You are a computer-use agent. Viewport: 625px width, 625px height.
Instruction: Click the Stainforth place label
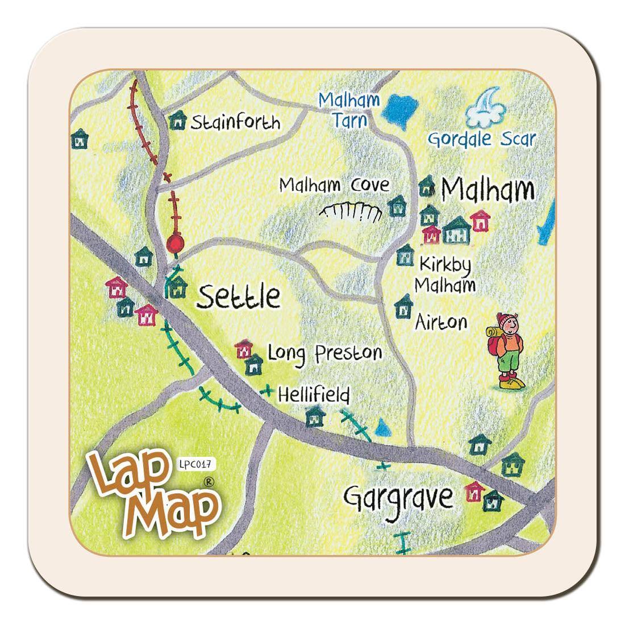coord(235,122)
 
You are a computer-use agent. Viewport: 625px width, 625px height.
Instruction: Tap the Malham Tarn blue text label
coord(349,110)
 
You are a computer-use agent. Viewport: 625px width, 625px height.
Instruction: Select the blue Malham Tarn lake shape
coord(401,108)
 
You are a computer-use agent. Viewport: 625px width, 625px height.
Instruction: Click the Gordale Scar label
coord(482,139)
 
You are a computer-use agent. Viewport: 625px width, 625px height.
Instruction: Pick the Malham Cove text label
coord(335,185)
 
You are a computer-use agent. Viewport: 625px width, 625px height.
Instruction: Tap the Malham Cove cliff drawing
coord(351,212)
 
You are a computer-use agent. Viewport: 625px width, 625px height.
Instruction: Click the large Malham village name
coord(488,190)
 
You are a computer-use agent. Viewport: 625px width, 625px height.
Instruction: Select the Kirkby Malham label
coord(445,274)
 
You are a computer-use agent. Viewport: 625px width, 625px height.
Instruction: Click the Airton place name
coord(441,322)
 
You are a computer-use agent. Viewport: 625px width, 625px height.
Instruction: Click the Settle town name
coord(239,296)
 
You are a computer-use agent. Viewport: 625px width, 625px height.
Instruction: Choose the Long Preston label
coord(324,353)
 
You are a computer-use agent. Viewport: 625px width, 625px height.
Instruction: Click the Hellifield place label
coord(314,394)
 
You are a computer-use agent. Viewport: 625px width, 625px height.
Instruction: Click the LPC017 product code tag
coord(197,464)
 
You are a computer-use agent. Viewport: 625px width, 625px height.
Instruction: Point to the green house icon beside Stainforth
coord(178,120)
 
